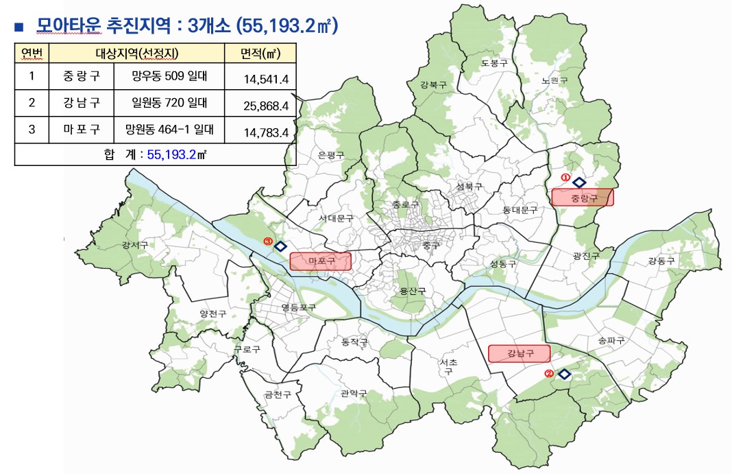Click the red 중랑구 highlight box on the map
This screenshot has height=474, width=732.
(582, 198)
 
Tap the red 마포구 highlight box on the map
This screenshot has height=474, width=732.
(320, 261)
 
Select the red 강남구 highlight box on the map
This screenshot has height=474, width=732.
(520, 354)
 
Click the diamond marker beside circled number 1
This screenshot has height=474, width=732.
(578, 182)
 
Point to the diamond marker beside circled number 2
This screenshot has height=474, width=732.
(564, 374)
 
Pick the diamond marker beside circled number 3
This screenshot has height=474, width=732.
(280, 246)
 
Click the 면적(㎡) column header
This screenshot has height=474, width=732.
(260, 53)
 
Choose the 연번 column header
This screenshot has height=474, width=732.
(32, 53)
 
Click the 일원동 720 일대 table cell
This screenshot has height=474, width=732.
(169, 103)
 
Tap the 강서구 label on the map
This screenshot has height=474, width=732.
(134, 245)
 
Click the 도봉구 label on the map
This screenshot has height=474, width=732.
(493, 62)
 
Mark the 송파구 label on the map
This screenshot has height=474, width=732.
(611, 340)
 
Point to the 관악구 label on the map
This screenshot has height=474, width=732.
(354, 393)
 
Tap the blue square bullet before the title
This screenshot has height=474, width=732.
(19, 27)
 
